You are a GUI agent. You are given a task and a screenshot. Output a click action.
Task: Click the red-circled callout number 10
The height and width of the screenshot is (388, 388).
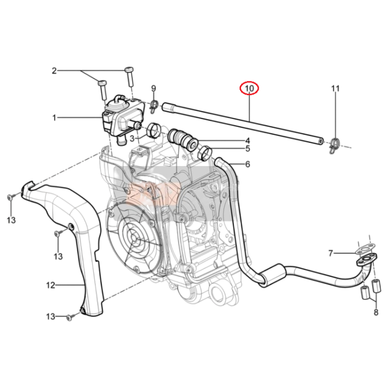249,88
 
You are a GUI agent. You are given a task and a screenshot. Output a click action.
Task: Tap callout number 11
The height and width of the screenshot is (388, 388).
335,88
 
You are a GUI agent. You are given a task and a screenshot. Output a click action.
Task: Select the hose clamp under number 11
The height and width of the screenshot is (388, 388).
335,145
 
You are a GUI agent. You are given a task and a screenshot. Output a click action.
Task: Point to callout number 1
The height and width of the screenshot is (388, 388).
54,118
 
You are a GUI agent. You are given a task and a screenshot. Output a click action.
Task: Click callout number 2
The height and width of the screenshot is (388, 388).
54,71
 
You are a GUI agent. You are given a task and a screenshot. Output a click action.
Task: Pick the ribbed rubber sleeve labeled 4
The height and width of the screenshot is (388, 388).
183,140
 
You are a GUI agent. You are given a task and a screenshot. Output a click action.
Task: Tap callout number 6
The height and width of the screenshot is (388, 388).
247,164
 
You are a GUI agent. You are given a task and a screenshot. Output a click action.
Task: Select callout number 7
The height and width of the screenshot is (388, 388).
331,253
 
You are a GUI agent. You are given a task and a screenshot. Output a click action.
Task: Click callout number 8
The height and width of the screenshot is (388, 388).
376,312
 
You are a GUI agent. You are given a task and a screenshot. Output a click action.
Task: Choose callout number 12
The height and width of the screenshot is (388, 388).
51,285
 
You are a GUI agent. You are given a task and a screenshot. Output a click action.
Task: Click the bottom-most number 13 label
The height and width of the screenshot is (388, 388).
51,317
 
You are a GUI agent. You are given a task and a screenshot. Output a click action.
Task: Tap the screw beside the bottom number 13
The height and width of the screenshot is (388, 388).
70,318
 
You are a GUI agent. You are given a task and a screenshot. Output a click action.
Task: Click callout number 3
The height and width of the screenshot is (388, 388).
132,139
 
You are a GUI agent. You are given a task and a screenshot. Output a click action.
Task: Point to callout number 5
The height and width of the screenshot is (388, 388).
248,148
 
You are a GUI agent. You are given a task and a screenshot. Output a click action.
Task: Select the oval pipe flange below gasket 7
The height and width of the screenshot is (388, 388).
366,261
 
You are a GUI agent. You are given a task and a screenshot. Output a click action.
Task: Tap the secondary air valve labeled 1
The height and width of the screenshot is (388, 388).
123,117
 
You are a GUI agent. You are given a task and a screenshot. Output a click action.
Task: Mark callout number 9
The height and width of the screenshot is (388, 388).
154,88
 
